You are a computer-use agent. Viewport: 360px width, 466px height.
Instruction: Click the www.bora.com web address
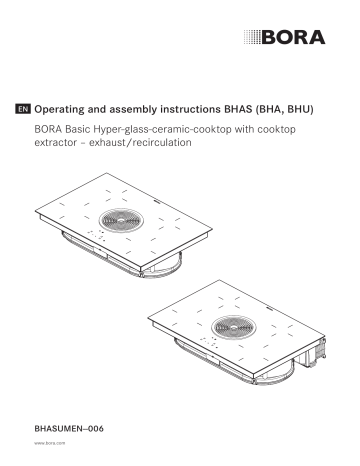48,441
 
